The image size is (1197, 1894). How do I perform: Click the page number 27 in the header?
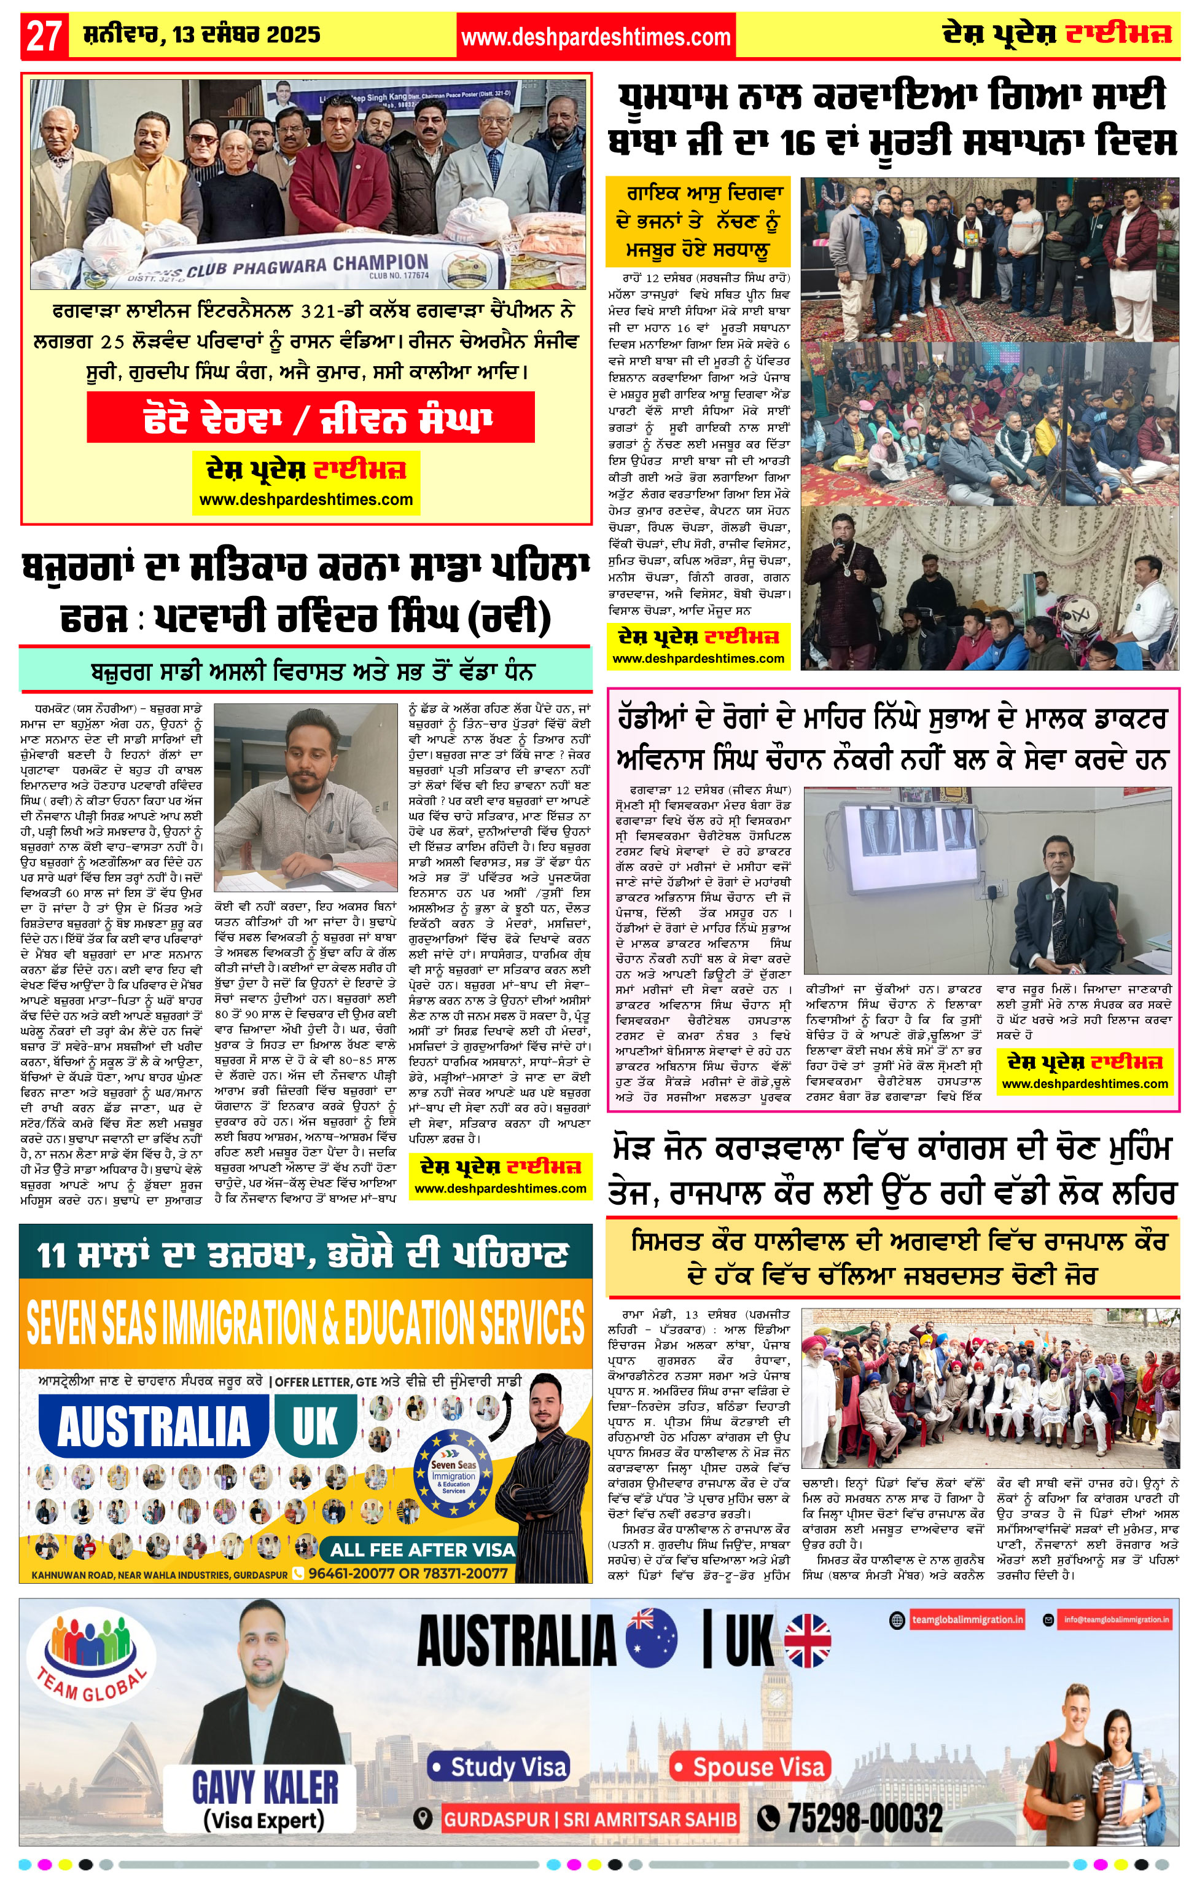point(44,36)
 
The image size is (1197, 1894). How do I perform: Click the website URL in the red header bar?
point(595,36)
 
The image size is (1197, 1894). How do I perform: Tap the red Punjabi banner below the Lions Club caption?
point(311,417)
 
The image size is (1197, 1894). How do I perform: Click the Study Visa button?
point(499,1767)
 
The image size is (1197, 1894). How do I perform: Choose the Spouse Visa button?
point(751,1767)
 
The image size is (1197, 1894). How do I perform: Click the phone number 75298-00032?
point(864,1818)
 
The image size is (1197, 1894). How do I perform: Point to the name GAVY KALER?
point(265,1788)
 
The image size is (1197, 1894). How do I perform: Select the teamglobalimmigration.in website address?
point(967,1619)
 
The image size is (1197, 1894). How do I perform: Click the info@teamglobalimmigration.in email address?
point(1116,1619)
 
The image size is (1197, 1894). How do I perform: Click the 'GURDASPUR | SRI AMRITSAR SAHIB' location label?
point(590,1818)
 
